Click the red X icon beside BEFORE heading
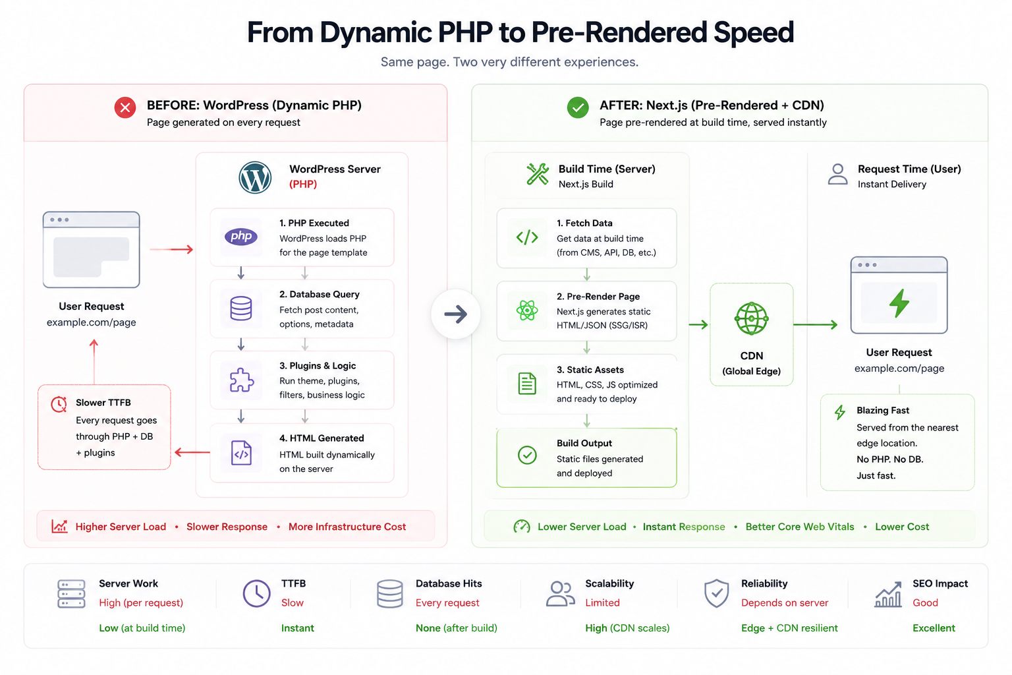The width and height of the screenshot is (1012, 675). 125,107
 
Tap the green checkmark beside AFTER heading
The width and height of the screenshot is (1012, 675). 578,107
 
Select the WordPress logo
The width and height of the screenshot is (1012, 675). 255,178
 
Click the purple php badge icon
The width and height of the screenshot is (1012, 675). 241,236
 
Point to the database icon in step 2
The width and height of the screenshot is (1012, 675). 240,308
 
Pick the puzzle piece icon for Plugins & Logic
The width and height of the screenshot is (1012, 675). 242,379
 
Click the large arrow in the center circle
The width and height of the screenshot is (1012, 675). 455,314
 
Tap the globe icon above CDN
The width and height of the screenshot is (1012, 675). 751,319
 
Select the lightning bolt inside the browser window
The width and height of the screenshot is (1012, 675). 899,303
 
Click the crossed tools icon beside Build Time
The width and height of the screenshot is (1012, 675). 538,174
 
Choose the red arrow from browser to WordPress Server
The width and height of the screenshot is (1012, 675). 172,249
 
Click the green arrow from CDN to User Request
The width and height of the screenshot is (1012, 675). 816,324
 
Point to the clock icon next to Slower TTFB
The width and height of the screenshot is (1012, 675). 59,404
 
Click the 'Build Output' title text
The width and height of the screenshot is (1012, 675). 584,443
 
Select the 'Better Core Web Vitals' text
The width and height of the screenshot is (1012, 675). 800,527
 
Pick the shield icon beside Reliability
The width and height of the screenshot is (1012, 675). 717,593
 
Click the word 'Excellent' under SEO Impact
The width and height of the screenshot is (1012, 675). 934,628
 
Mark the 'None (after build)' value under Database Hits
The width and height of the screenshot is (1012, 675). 457,628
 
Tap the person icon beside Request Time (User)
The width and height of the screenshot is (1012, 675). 837,174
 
